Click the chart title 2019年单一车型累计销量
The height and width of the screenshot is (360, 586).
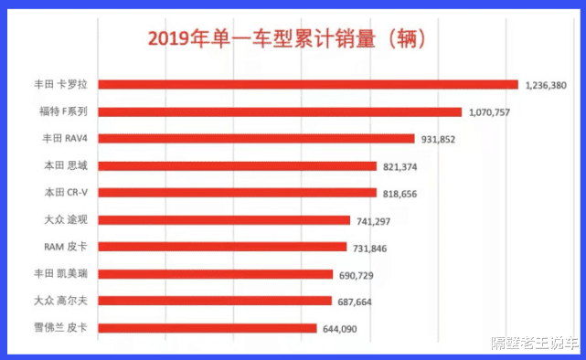(288, 39)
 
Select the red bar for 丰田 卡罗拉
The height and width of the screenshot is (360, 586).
(307, 85)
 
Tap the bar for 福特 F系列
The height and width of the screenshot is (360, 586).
(279, 111)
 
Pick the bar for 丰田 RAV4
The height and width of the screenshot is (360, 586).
(255, 139)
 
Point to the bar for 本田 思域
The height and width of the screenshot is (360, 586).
(237, 166)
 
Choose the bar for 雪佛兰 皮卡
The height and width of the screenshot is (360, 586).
(207, 328)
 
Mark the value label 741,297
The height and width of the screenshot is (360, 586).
(375, 220)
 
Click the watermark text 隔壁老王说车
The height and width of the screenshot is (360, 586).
(534, 344)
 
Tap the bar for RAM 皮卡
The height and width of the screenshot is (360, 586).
(222, 247)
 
